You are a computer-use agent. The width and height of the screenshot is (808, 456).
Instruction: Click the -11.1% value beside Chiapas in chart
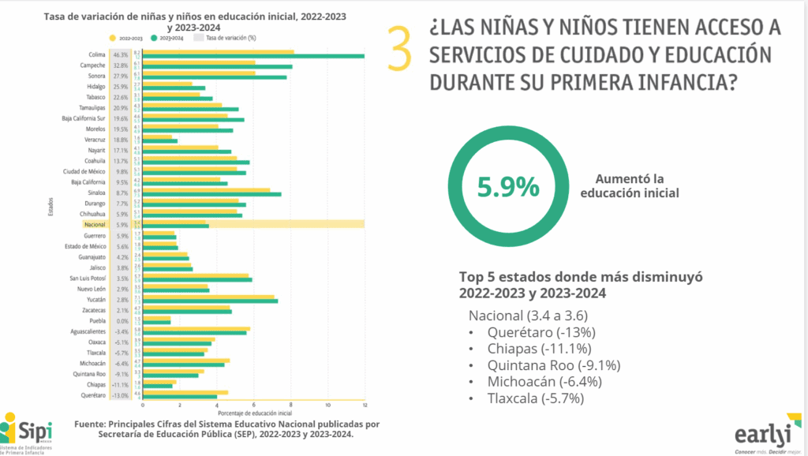pos(121,383)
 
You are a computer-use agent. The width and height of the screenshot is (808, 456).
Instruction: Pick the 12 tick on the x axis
pos(364,405)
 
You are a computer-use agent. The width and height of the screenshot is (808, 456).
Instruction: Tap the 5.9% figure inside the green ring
pos(509,187)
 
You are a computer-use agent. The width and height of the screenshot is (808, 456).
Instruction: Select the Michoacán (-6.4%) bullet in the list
pos(544,381)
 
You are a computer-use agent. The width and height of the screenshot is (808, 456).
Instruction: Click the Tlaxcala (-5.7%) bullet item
pos(536,398)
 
